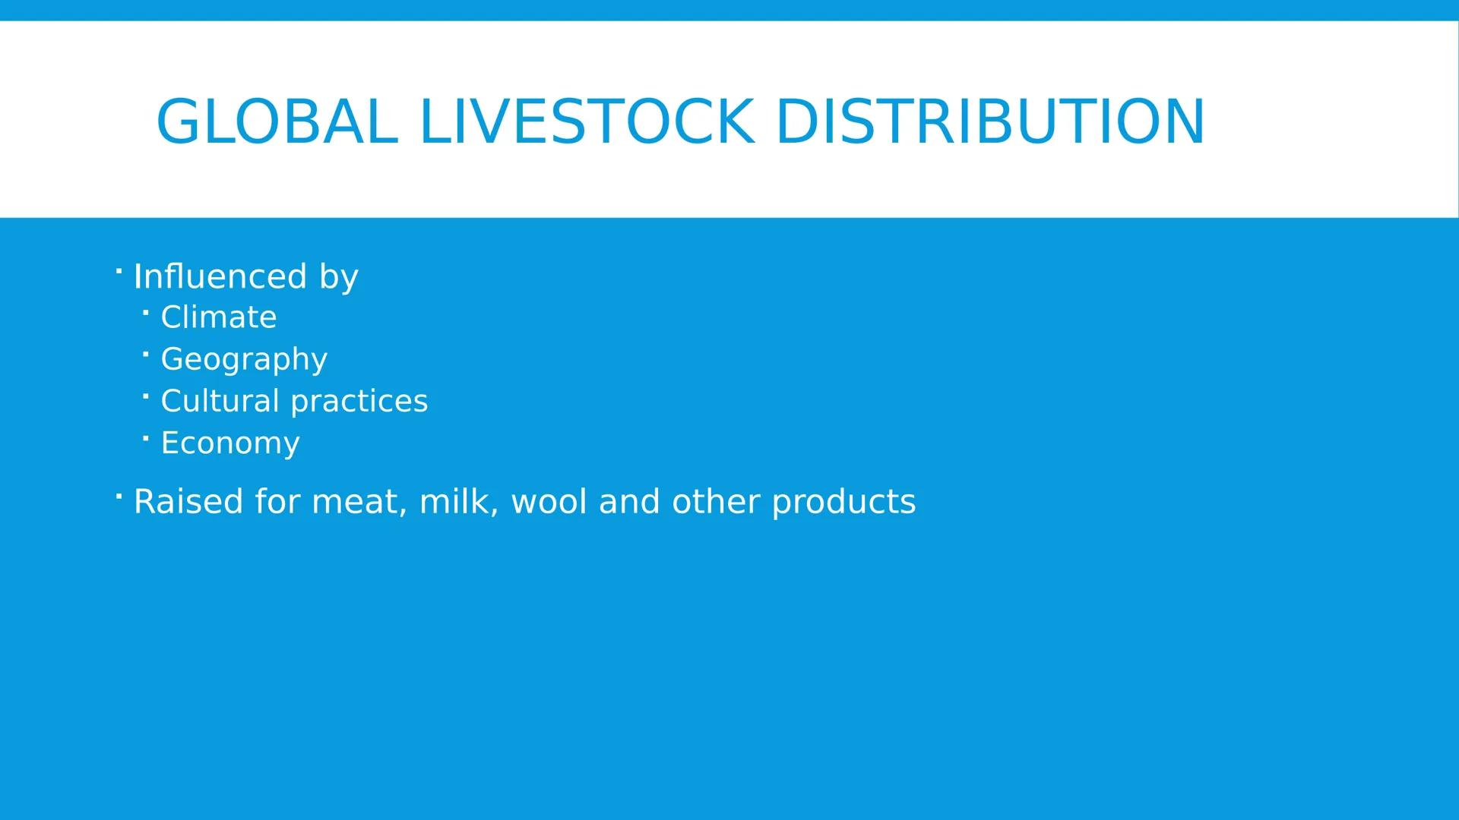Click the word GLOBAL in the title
click(277, 121)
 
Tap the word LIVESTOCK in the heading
click(587, 121)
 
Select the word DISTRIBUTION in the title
click(989, 121)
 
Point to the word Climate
click(219, 317)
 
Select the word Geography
click(244, 359)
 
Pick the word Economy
click(230, 443)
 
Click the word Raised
click(188, 502)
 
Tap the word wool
click(549, 502)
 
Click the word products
click(843, 502)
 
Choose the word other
click(716, 502)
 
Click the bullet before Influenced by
click(119, 270)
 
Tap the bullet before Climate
click(145, 311)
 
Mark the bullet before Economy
click(145, 437)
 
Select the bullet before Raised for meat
click(119, 497)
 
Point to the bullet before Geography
click(145, 353)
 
